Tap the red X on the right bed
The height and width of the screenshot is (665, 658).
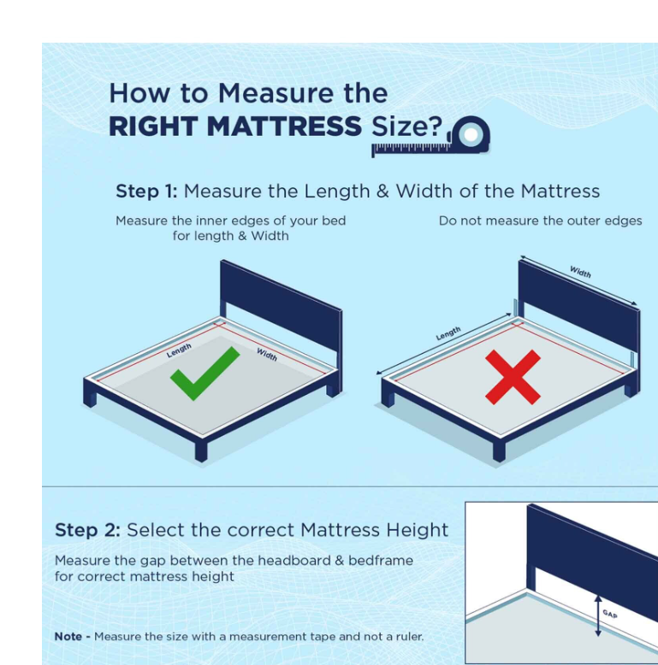click(x=513, y=377)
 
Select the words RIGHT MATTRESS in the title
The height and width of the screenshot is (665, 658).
click(x=235, y=127)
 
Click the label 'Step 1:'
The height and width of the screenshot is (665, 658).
click(x=146, y=191)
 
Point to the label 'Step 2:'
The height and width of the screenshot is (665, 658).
click(x=87, y=530)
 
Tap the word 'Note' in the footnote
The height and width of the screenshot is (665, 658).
click(x=68, y=637)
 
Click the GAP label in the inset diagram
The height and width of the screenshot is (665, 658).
click(x=610, y=614)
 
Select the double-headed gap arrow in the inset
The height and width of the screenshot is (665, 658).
click(x=598, y=615)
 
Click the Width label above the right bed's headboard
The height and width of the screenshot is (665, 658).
click(x=580, y=272)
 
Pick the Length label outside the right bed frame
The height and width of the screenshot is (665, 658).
click(x=448, y=333)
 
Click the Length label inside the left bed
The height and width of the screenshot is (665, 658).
click(x=179, y=350)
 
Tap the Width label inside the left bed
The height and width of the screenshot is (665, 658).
click(x=267, y=354)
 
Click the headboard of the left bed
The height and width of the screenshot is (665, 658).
click(x=281, y=302)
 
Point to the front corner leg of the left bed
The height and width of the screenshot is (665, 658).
click(x=201, y=451)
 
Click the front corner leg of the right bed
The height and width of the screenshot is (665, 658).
click(x=499, y=451)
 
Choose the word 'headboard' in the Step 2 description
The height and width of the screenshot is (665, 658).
click(x=294, y=561)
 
